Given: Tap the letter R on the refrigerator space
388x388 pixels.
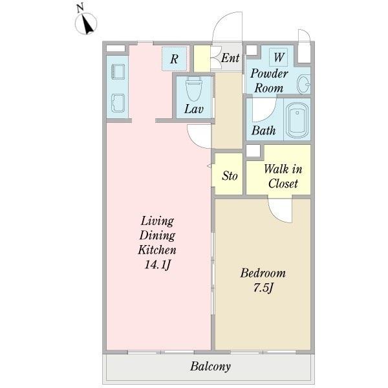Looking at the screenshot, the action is pos(174,59).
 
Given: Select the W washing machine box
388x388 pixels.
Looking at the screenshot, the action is pos(278,57).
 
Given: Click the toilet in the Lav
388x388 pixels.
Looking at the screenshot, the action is pos(194,88).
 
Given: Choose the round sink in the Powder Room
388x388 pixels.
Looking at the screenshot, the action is pos(304,84).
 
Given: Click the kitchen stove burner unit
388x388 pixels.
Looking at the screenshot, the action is pos(118,72).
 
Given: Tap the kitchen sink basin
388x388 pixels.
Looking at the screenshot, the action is pos(118,103).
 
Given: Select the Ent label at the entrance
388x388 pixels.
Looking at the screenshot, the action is pos(230,58).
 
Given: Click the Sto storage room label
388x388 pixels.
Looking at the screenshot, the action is pos(230,176).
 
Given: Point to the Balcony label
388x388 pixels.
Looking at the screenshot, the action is pos(210,367).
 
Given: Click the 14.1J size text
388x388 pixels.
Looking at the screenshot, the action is pos(158,265).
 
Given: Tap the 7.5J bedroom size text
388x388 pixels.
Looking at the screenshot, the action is pos(263,288).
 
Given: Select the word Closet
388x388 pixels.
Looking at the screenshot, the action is pos(283,184).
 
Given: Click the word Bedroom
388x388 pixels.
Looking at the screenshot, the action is pos(263,273).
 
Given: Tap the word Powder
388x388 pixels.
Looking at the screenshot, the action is pos(269,74).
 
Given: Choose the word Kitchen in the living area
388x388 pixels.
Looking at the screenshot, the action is pos(157,250).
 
